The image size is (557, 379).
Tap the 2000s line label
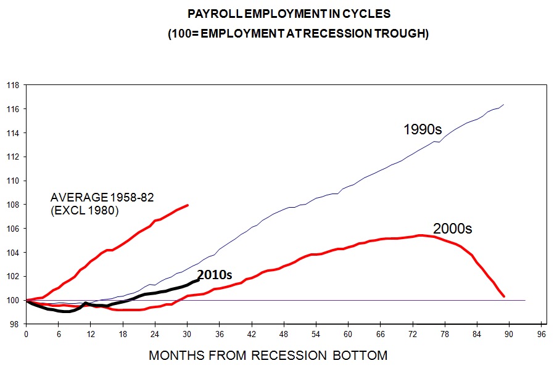pos(453,229)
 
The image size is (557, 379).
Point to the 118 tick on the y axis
pos(12,85)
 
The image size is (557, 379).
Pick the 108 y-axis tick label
pos(12,205)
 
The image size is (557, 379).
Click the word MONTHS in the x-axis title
pos(175,356)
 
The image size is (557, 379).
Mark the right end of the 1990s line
pos(504,105)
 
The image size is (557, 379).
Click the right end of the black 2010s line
pos(198,280)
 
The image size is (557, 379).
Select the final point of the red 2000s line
pos(504,296)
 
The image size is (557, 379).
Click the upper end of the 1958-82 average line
pos(188,205)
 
